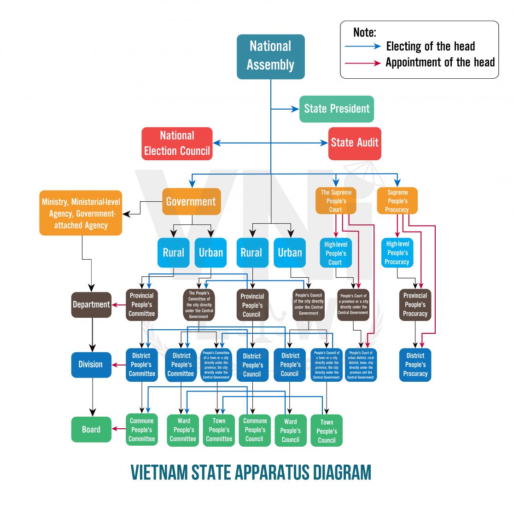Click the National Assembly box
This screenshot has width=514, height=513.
point(270,56)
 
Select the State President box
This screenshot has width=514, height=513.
point(336,109)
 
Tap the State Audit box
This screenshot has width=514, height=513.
point(355,143)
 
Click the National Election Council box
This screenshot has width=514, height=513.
point(177,144)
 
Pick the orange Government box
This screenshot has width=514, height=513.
point(191,201)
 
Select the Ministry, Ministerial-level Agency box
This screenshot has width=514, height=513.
point(81,213)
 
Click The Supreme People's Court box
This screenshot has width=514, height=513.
point(336,201)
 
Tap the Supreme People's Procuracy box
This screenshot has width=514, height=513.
point(397,201)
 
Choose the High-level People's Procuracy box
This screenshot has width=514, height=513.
point(397,253)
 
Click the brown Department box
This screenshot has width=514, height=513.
point(91,304)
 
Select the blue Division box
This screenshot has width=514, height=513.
point(91,365)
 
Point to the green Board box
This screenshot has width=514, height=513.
point(91,430)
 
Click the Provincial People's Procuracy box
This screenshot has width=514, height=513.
point(415,304)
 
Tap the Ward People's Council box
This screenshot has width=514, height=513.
point(290,431)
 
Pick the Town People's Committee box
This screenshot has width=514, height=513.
point(219,430)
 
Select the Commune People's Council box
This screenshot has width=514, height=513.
point(255,430)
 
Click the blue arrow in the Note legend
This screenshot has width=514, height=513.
point(363,46)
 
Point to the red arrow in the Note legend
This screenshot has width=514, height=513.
point(363,63)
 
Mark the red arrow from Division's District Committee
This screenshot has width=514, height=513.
point(119,365)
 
